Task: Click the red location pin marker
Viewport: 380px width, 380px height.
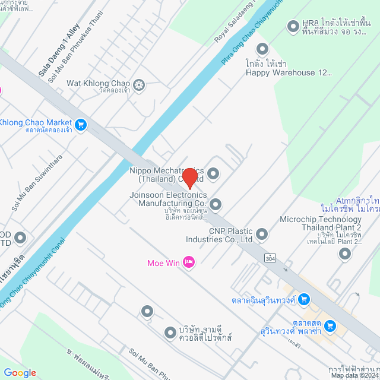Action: (x=189, y=178)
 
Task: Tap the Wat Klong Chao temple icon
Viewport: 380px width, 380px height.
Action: (x=139, y=85)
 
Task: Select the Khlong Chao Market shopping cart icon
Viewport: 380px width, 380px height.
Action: (x=81, y=125)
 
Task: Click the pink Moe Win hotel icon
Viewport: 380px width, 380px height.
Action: (x=189, y=262)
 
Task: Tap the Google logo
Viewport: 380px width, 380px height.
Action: (x=20, y=372)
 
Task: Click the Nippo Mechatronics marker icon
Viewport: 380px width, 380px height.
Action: (x=213, y=173)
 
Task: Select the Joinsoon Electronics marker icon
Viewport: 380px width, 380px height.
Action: (x=216, y=204)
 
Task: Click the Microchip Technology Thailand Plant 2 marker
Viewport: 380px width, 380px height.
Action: (x=345, y=254)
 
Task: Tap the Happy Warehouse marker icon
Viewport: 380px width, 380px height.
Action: (x=262, y=48)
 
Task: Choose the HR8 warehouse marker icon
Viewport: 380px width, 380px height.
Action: (x=292, y=26)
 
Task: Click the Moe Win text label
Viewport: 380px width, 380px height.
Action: (x=164, y=262)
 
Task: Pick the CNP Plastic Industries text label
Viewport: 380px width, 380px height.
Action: (x=231, y=235)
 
